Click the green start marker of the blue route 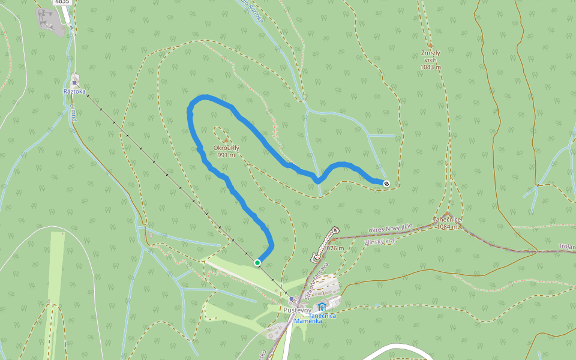[257, 263]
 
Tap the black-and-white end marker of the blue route [386, 183]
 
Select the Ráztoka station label [74, 92]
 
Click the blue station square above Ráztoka [74, 82]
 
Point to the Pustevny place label [296, 310]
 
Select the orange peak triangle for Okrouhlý [226, 140]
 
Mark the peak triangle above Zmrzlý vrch [430, 45]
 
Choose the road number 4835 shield [62, 2]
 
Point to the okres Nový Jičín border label [391, 229]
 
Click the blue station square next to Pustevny [292, 299]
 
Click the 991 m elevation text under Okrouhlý [226, 155]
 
